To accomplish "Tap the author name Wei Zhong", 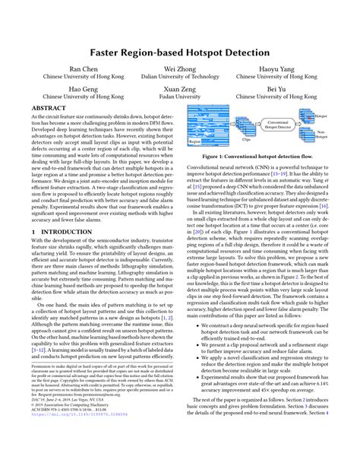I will point(179,69).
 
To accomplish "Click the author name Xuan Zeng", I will point(179,89).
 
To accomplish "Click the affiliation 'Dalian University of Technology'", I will point(179,78).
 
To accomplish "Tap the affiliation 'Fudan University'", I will point(179,97).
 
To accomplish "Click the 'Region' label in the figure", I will point(197,141).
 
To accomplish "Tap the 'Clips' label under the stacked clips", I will point(245,141).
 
